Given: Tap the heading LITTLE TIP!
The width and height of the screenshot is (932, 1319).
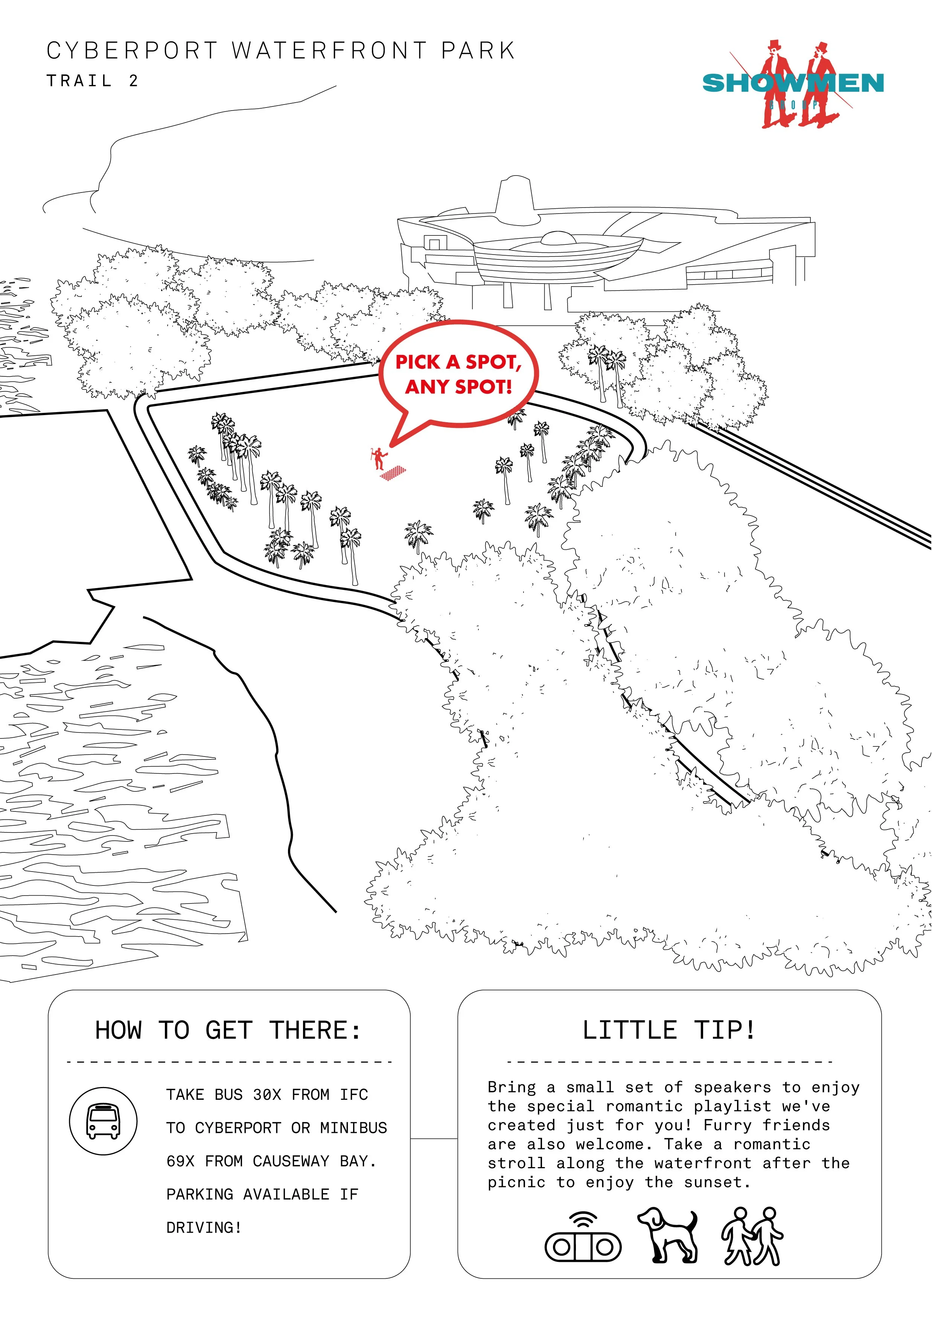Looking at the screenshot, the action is point(669,1030).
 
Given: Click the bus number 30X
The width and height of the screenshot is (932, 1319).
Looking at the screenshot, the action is point(267,1095).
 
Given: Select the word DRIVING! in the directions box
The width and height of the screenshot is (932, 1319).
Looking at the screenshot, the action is point(204,1228).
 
